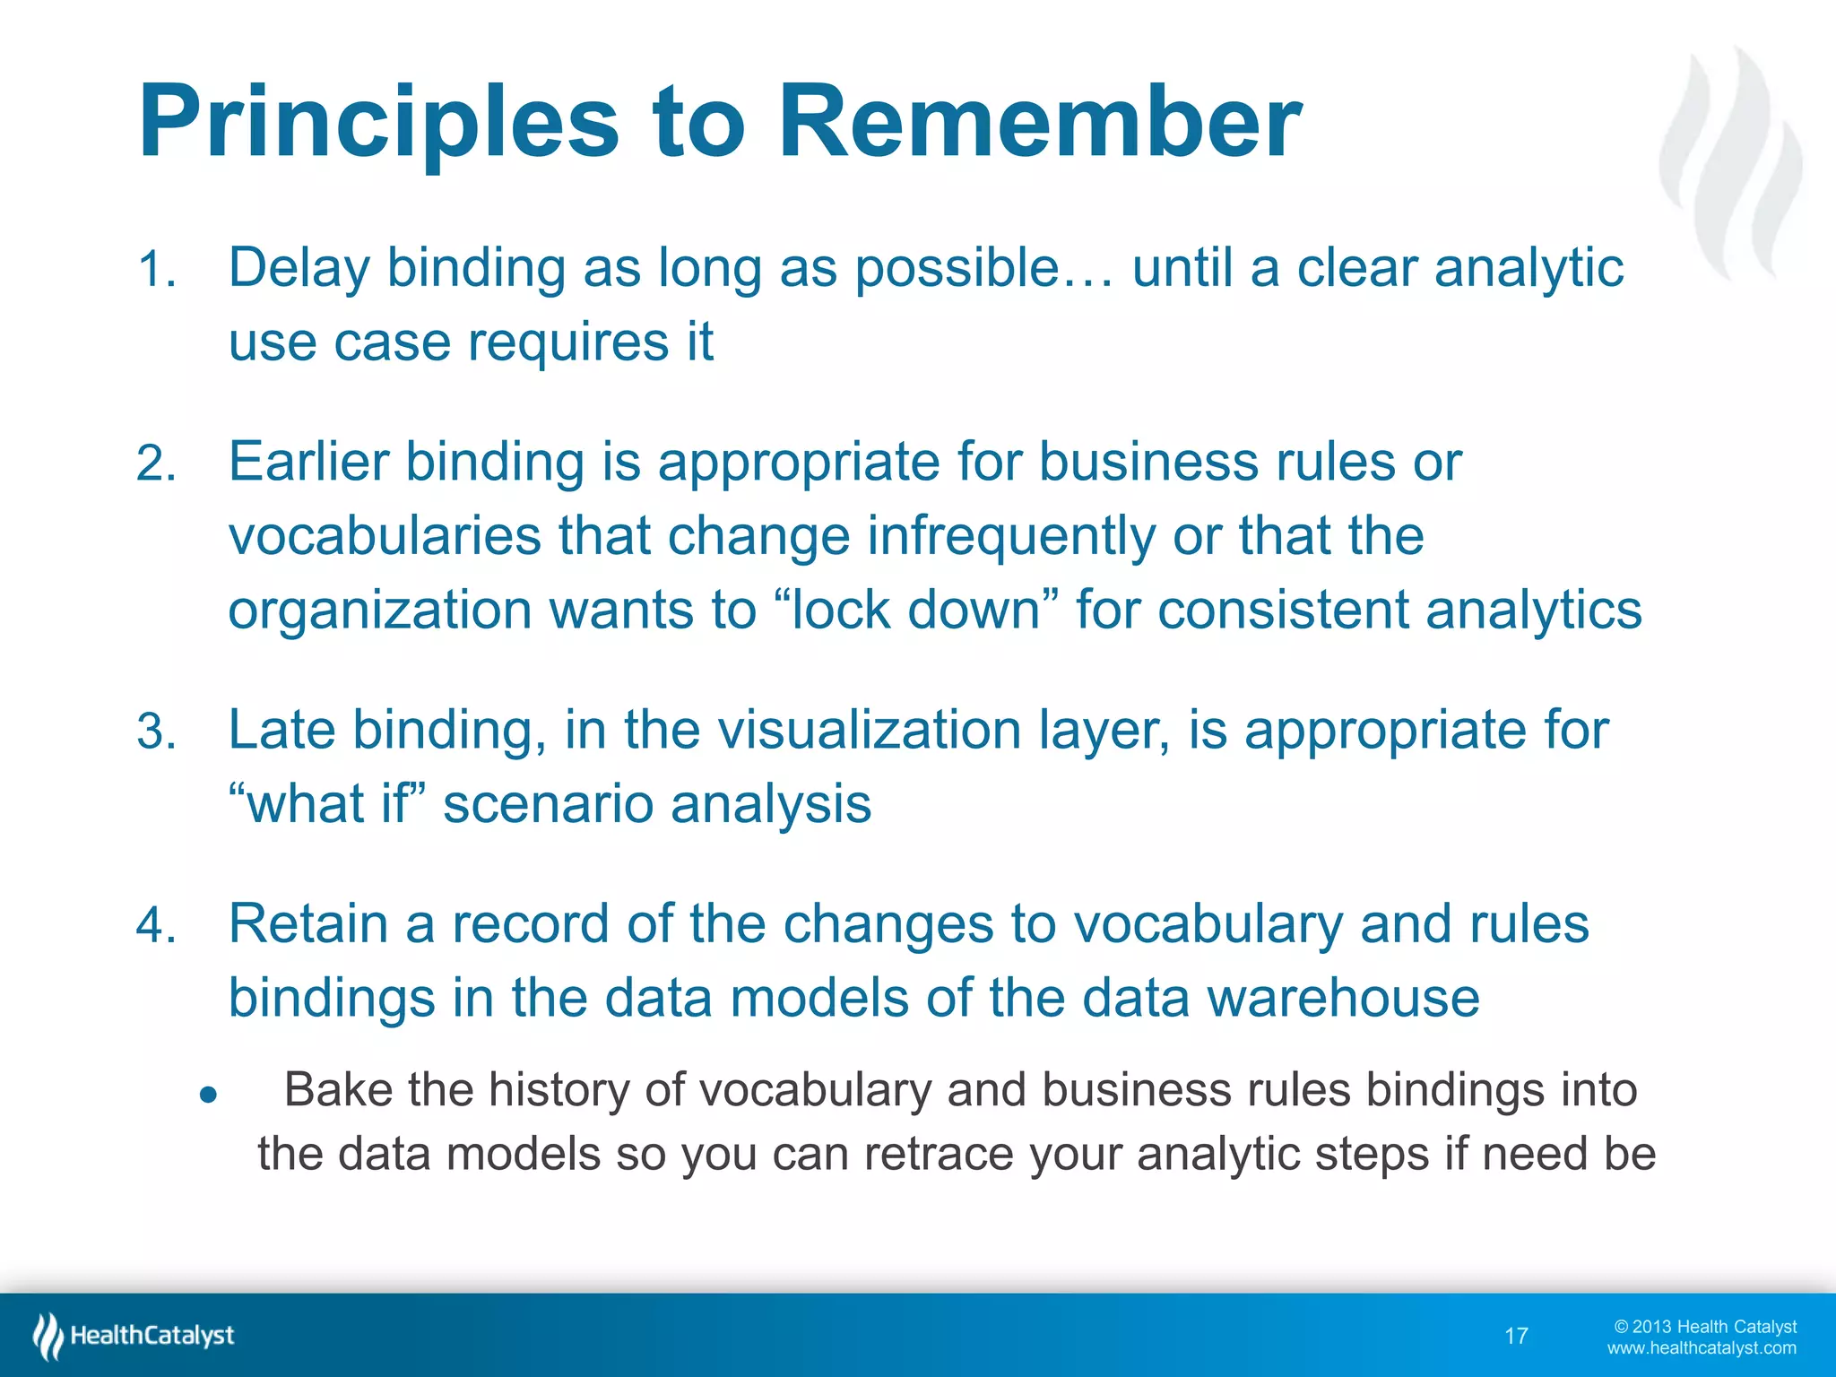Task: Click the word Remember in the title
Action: (1040, 122)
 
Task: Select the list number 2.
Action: (156, 464)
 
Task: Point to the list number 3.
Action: (156, 732)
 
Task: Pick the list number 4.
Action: (156, 925)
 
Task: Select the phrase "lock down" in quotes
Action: (915, 610)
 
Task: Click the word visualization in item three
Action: (869, 730)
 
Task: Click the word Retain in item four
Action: (308, 923)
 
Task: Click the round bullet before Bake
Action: (209, 1095)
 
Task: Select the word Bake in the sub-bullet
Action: (338, 1091)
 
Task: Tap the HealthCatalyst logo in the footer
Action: (134, 1336)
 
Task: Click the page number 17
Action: (1516, 1337)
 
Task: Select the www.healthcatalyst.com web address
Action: (1701, 1348)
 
